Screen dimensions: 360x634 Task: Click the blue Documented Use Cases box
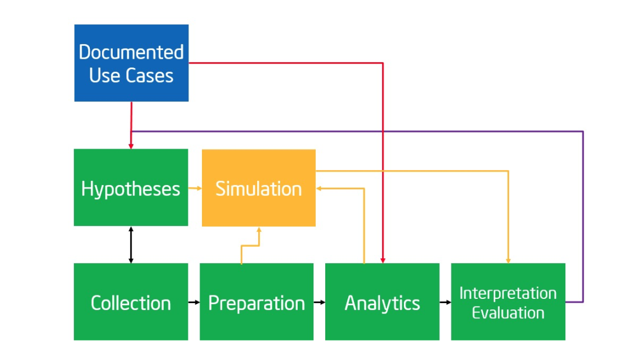point(131,63)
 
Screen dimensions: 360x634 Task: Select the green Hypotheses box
point(131,187)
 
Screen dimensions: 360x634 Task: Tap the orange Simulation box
point(258,188)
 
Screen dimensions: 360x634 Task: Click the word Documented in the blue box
point(131,52)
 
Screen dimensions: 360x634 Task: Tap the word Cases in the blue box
point(152,76)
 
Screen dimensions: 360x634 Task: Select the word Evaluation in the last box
point(508,312)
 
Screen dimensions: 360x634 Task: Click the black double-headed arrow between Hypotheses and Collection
point(131,244)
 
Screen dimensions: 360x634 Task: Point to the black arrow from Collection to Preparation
point(194,302)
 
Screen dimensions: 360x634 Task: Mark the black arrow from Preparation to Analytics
point(319,302)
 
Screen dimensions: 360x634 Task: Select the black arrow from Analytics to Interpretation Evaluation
point(445,302)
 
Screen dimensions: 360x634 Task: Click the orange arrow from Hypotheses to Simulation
point(195,189)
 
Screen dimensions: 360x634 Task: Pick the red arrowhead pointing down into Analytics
point(383,260)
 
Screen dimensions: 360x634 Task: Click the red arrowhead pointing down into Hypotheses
point(131,146)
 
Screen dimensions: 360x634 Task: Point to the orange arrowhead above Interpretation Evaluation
point(508,260)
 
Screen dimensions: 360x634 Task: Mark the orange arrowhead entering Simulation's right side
point(319,189)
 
